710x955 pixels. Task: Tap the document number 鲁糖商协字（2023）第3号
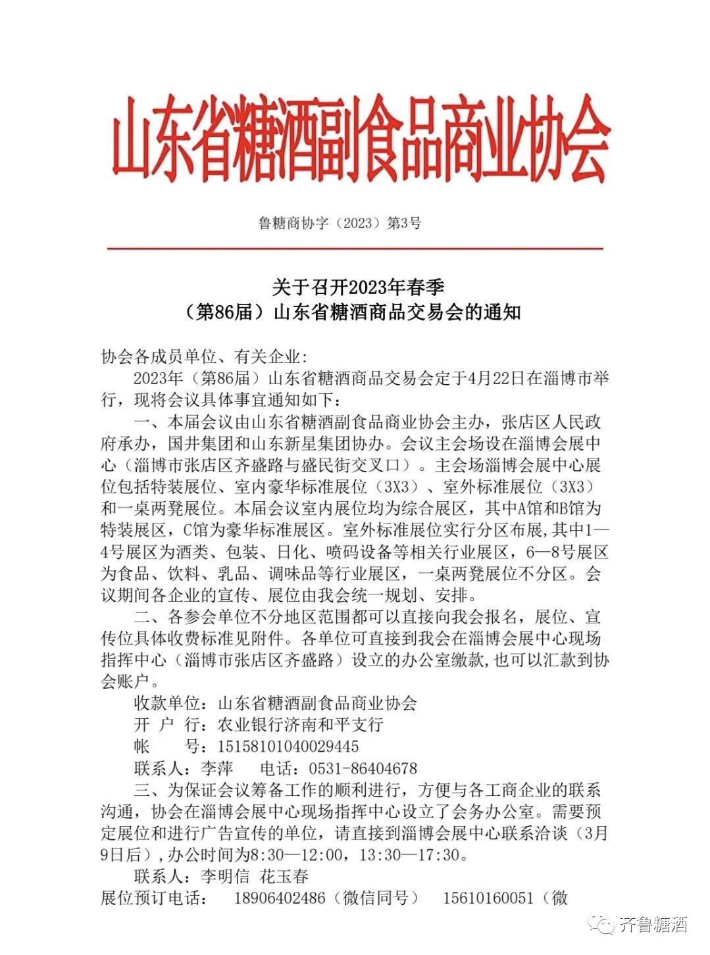[340, 223]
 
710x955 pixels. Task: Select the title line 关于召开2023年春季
[359, 287]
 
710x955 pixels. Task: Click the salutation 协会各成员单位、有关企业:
[204, 357]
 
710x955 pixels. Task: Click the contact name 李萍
[216, 768]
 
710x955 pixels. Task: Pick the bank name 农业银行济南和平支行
[300, 725]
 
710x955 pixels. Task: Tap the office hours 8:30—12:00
[290, 855]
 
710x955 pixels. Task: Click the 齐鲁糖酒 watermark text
[653, 925]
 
